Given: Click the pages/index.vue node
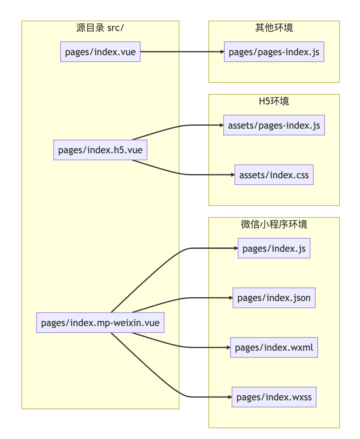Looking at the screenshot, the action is (100, 52).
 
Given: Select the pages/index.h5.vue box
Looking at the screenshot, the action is (100, 150).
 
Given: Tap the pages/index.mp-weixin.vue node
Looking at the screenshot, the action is (100, 323).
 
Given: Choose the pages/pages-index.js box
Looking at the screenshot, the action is (274, 52).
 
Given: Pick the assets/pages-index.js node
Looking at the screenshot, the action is (274, 125).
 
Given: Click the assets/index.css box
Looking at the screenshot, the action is (274, 174).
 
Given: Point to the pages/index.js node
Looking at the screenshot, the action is (274, 248).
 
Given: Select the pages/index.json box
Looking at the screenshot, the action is (274, 298).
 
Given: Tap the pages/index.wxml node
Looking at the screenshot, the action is (274, 347).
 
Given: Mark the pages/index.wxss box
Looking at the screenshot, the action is (274, 397).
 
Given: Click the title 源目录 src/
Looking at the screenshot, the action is (100, 28).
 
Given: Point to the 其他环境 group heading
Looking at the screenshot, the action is (274, 28).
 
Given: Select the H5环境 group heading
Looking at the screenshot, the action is (274, 101).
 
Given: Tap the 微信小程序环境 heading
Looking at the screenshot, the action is (274, 224).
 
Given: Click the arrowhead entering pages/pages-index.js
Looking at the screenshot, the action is (222, 52).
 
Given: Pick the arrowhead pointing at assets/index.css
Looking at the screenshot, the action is (233, 174).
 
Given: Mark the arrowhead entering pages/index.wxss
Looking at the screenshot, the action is (230, 397).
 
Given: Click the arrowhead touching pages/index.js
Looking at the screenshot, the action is (236, 248).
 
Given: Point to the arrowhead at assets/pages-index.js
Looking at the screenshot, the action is (222, 125).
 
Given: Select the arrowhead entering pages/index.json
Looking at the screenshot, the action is (231, 298).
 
